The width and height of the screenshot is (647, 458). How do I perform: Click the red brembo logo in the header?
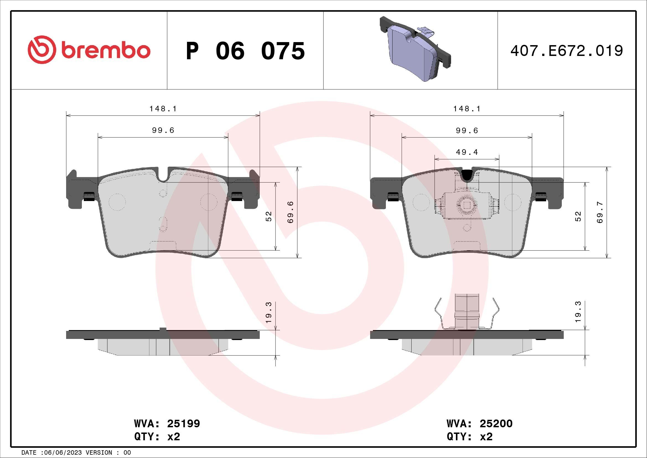89,51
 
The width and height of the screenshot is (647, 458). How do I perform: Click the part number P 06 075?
245,51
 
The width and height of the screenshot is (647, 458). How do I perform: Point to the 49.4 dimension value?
467,152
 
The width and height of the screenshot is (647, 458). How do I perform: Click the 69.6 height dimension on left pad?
290,212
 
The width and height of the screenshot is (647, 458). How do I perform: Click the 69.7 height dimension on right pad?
600,212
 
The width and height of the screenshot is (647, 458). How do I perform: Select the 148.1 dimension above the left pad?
163,109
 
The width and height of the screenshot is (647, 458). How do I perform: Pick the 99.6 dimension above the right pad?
467,131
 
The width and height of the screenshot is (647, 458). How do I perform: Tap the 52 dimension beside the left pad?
269,216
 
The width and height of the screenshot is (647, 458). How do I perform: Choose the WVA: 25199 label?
167,424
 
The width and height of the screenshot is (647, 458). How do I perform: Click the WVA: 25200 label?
479,424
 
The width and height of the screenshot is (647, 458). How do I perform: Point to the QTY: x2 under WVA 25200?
469,437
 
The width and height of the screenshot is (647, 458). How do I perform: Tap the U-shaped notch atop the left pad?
163,174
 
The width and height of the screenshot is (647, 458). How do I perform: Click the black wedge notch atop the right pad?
467,175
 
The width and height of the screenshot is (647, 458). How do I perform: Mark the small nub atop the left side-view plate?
163,329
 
